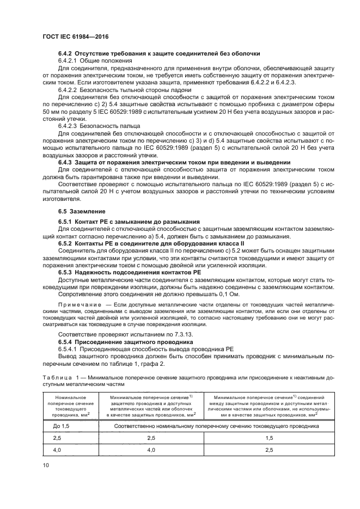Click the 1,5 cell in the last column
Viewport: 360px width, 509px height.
pos(269,438)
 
